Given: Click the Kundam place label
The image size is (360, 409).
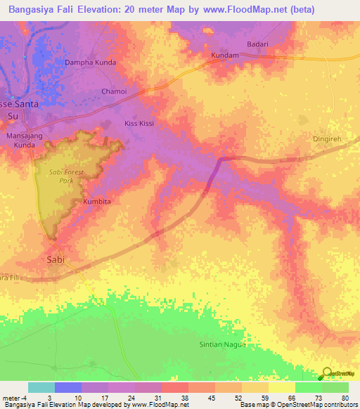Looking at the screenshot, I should (225, 54).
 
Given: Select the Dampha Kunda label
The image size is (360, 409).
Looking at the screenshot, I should (90, 63).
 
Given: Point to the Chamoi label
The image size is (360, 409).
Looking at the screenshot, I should (114, 91).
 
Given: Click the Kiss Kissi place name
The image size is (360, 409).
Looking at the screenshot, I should (139, 123).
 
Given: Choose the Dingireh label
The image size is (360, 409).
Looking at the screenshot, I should (326, 139).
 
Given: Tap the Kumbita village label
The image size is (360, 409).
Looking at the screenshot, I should (98, 201).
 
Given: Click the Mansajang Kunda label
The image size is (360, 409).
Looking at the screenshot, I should (26, 139).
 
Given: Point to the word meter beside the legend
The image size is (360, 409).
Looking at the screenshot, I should (11, 398).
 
